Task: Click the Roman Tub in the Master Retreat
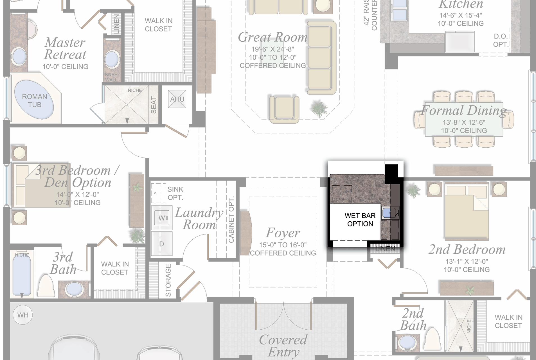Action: (34, 100)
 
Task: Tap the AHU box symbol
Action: (177, 99)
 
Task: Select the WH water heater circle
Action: (23, 315)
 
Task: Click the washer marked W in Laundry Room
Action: (162, 218)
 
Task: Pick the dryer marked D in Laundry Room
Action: (162, 244)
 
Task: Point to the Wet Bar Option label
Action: (360, 220)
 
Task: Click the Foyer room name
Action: (283, 233)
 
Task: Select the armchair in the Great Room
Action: (284, 109)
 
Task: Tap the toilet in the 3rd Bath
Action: (47, 285)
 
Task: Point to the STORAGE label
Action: (168, 280)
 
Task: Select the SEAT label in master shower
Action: (154, 105)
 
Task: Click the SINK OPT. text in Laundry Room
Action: (175, 193)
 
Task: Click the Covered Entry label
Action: (283, 346)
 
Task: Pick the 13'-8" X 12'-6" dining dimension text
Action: (464, 122)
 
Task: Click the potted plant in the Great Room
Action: (319, 109)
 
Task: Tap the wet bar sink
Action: (389, 213)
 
